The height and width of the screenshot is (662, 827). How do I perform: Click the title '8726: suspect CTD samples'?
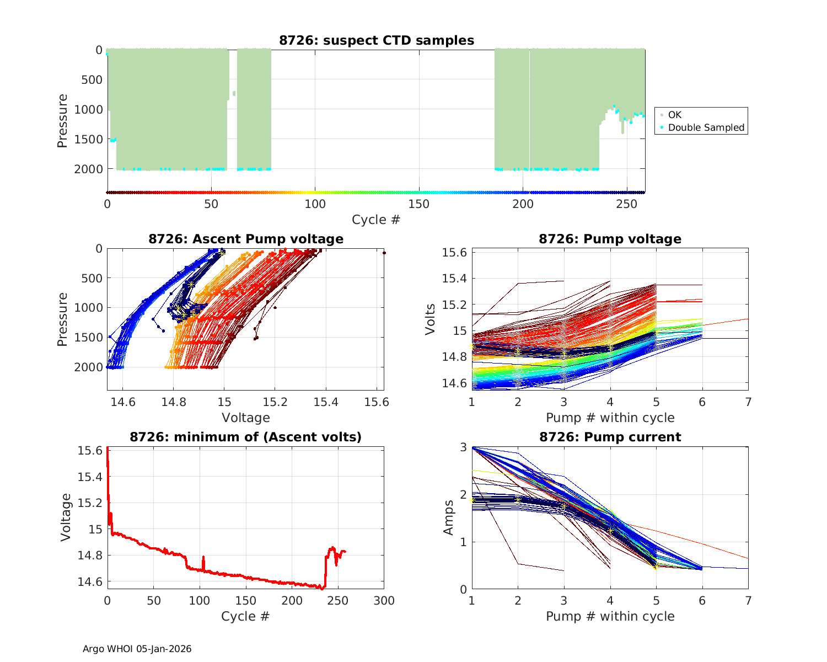(377, 40)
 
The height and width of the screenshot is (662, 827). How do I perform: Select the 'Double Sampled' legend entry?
(706, 127)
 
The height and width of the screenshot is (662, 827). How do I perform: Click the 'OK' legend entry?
(675, 115)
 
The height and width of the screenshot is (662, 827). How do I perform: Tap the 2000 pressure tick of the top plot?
(88, 169)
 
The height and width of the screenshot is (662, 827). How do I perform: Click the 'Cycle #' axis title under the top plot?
(376, 220)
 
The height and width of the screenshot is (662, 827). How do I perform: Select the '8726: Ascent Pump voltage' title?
(246, 239)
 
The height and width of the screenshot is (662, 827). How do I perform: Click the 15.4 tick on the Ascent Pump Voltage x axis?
(326, 402)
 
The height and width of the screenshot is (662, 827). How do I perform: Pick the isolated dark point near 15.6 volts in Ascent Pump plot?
(384, 253)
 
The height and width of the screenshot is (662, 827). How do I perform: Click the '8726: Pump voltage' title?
(610, 239)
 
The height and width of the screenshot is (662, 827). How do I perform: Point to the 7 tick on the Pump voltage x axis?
(748, 402)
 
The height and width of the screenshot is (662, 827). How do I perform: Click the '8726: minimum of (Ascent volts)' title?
(246, 437)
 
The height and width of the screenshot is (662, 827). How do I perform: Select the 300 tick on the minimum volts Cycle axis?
(384, 601)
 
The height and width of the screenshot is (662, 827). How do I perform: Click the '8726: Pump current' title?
(610, 437)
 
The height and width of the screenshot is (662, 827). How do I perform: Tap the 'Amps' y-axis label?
(449, 517)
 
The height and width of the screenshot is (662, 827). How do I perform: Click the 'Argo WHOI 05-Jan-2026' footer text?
(137, 649)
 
